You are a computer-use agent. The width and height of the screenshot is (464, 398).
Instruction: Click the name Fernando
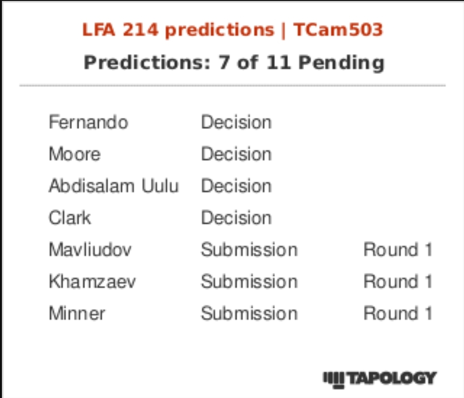(88, 122)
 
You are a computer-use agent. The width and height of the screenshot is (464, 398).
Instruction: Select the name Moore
(74, 154)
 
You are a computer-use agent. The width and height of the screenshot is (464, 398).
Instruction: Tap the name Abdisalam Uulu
(114, 186)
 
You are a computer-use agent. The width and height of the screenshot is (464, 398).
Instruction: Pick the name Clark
(70, 218)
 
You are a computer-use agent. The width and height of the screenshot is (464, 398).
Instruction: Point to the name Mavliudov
(90, 250)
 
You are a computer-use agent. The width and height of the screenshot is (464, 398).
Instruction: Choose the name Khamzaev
(92, 282)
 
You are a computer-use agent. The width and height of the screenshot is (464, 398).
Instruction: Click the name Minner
(77, 313)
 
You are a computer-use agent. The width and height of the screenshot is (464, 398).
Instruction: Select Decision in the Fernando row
(236, 122)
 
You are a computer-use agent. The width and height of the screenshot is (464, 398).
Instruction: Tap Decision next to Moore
(236, 154)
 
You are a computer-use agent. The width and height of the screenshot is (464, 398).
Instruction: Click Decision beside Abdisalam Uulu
(236, 186)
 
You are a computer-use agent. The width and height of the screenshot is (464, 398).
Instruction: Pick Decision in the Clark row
(236, 218)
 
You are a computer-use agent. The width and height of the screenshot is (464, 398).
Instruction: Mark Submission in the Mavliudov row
(249, 250)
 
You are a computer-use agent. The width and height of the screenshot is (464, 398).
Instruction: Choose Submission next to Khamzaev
(249, 282)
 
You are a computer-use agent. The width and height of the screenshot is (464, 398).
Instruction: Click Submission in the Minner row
(249, 313)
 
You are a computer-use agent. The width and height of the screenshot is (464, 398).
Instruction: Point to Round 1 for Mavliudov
(397, 250)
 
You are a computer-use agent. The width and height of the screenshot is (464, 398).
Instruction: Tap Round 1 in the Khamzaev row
(397, 282)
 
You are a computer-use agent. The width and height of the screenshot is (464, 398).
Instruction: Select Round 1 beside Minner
(397, 313)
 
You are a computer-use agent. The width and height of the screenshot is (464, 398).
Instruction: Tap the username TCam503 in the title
(338, 30)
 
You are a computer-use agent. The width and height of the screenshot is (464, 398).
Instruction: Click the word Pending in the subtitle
(341, 62)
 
